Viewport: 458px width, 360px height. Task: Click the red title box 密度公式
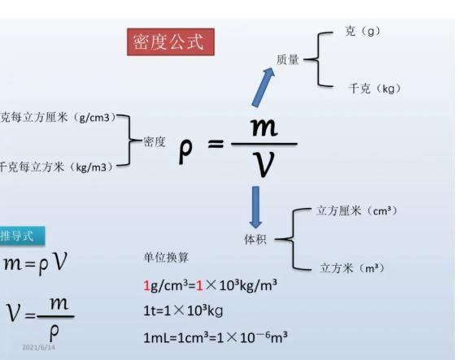tap(171, 41)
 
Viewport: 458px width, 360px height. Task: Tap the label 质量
tap(288, 59)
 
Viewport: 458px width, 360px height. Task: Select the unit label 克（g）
tap(363, 31)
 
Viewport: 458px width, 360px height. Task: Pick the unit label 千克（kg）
tap(374, 89)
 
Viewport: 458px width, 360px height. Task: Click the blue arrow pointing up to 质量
tap(262, 88)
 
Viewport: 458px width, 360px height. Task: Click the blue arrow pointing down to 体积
tap(255, 207)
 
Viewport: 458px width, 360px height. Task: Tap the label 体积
tap(255, 240)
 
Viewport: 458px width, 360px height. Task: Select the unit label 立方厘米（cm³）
tap(357, 210)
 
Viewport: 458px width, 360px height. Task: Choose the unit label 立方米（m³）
tap(352, 268)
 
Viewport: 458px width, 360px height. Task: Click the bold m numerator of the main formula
tap(264, 127)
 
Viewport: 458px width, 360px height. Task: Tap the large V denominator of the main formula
tap(264, 164)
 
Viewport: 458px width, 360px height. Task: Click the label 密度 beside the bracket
tap(155, 142)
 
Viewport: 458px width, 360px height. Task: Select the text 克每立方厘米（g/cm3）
tap(59, 117)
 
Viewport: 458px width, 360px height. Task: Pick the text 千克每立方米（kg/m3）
tap(57, 167)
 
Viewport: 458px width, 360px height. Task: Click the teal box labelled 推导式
tap(23, 236)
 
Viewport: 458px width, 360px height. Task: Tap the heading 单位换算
tap(166, 258)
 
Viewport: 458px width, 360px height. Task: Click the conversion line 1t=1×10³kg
tap(183, 310)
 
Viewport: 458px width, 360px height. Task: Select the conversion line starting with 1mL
tap(216, 337)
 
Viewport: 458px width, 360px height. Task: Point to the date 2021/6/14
tap(38, 348)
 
